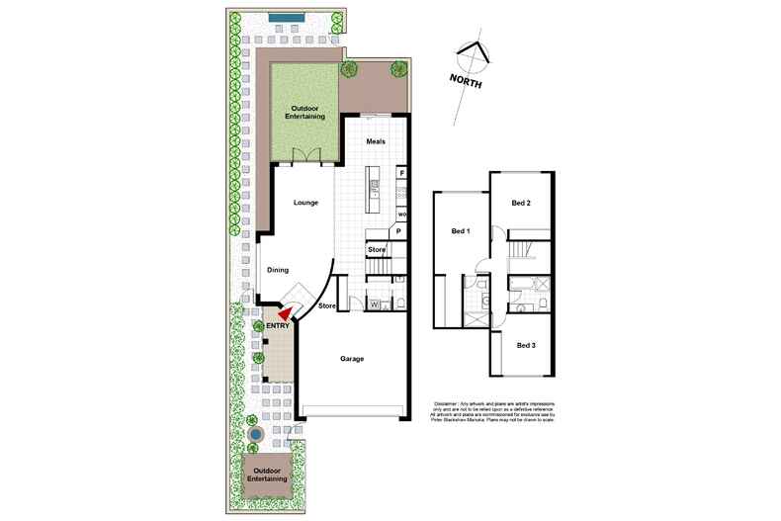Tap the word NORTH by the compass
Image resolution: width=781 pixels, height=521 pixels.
pyautogui.click(x=465, y=82)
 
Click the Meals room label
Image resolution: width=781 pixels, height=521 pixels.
pyautogui.click(x=375, y=141)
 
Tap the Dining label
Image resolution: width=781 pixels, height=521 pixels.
pyautogui.click(x=278, y=270)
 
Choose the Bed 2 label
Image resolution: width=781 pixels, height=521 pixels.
pyautogui.click(x=521, y=203)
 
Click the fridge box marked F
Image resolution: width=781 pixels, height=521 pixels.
pyautogui.click(x=402, y=173)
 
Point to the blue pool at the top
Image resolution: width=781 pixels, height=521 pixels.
pyautogui.click(x=285, y=17)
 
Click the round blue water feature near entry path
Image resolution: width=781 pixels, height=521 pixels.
pyautogui.click(x=255, y=434)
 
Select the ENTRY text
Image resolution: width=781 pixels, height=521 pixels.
pyautogui.click(x=278, y=324)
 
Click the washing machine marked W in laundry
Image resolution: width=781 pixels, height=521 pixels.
pyautogui.click(x=375, y=304)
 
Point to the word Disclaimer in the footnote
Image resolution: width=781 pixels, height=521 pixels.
pyautogui.click(x=450, y=404)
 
